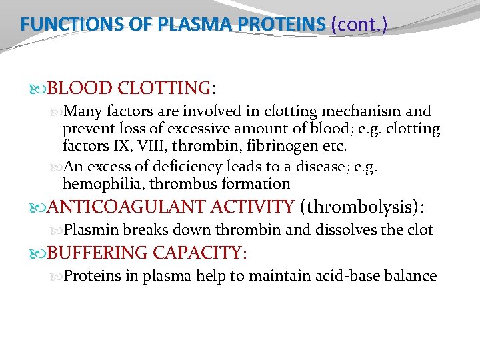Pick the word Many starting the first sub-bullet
(83, 111)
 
